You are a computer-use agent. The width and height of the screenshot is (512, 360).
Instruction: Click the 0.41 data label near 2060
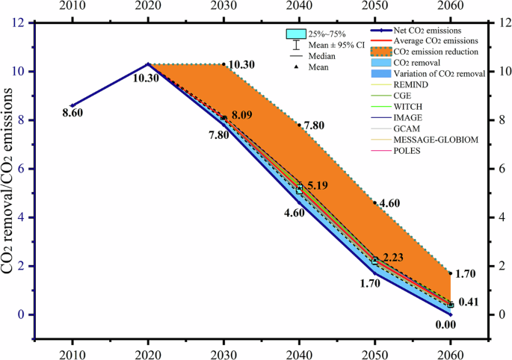[469, 302]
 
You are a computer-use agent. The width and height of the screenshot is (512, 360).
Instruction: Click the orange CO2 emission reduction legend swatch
[379, 51]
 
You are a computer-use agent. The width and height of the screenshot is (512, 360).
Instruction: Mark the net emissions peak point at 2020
[148, 64]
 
